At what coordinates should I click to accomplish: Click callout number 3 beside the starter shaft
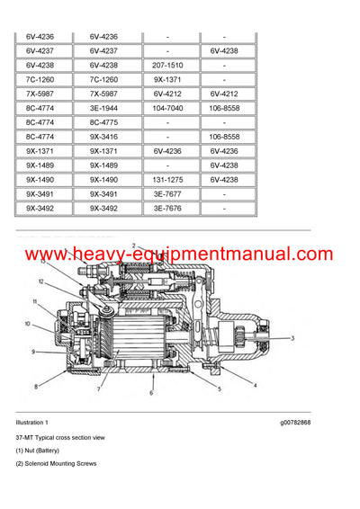pyautogui.click(x=292, y=339)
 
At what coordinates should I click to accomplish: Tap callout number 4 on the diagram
pyautogui.click(x=255, y=386)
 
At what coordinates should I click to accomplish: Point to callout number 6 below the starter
pyautogui.click(x=151, y=394)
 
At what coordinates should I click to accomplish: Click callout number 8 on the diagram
pyautogui.click(x=36, y=387)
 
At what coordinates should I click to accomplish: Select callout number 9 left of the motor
pyautogui.click(x=33, y=352)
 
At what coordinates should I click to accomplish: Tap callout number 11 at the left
pyautogui.click(x=33, y=302)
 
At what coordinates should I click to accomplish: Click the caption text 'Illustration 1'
pyautogui.click(x=32, y=422)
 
